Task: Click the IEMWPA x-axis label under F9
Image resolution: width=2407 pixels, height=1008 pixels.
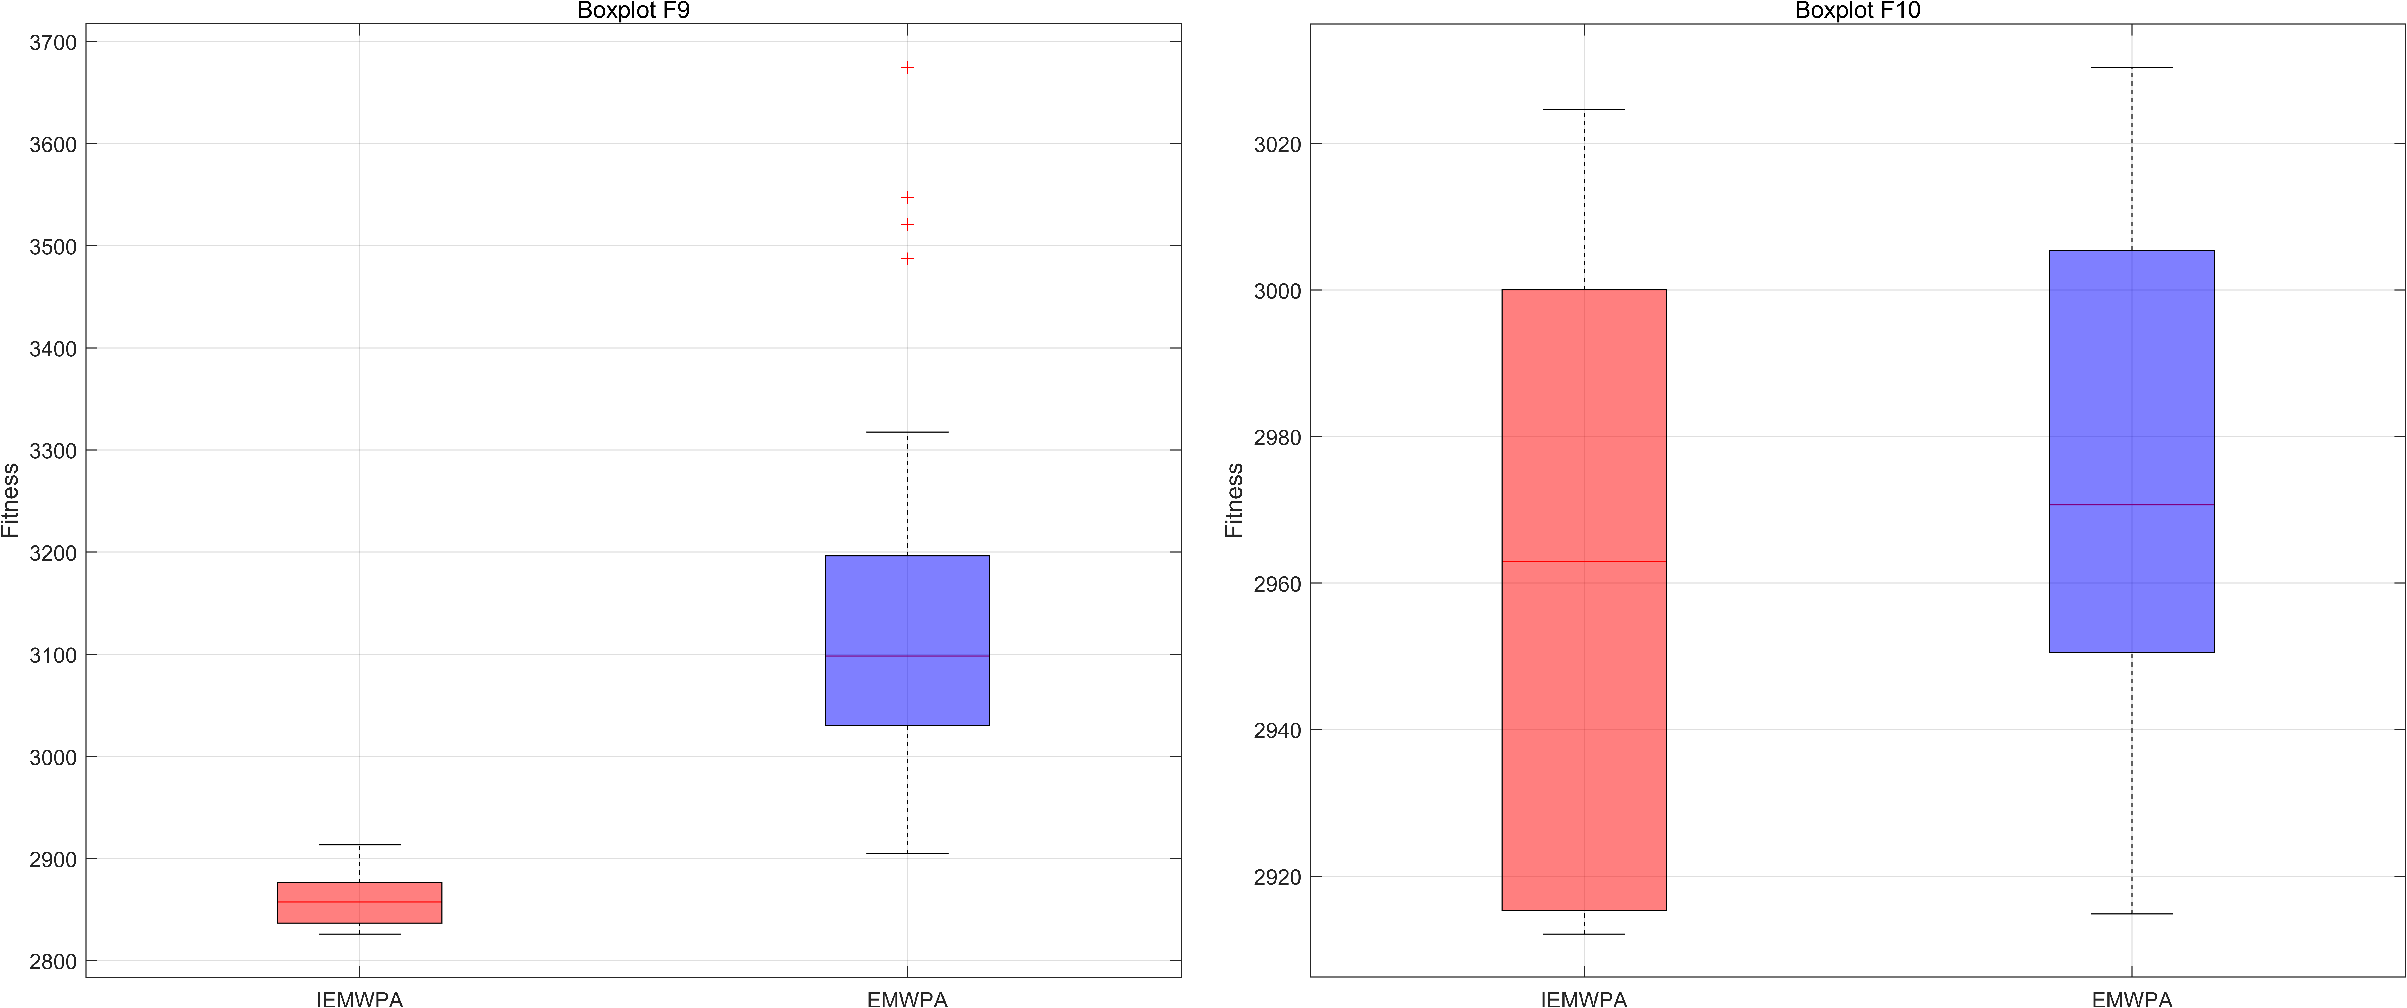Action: click(360, 999)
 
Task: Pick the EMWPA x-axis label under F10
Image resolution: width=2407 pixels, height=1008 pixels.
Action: click(2131, 999)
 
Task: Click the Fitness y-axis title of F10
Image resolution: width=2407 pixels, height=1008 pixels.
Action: click(1234, 501)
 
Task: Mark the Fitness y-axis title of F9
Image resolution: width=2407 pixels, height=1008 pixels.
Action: click(10, 501)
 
